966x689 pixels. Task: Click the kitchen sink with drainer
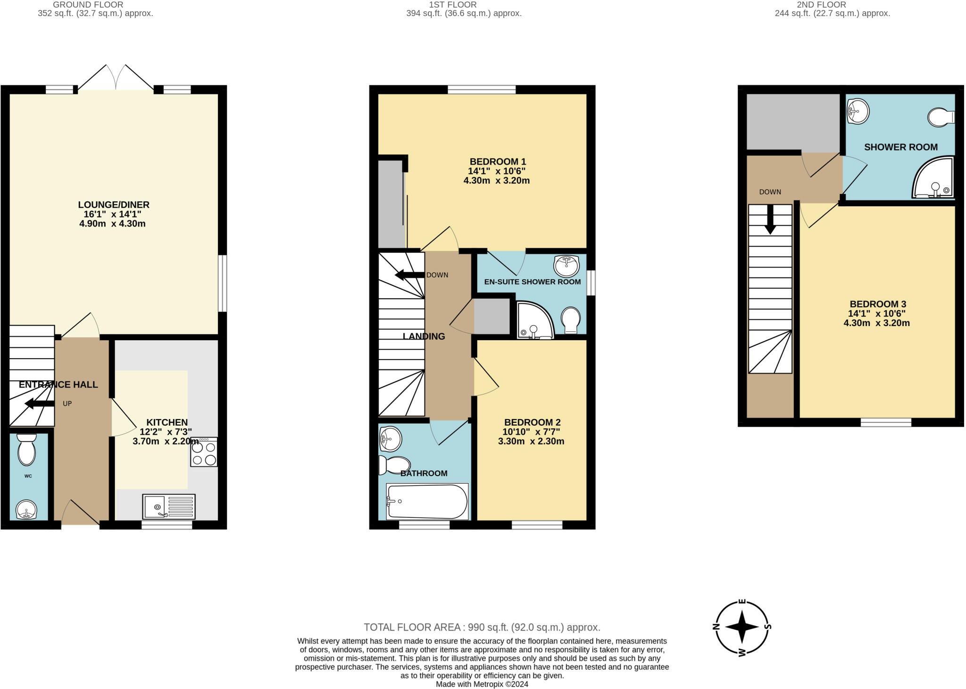tap(169, 506)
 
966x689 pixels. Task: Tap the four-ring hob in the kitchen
tap(204, 452)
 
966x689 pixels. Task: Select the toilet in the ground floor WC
tap(26, 450)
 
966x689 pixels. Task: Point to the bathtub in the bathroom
tap(427, 502)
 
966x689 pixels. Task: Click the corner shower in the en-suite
tap(535, 320)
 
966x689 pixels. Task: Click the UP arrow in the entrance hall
tap(40, 403)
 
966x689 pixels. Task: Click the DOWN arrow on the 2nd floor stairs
tap(770, 219)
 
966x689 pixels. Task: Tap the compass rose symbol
tap(742, 627)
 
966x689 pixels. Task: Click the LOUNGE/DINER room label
tap(114, 205)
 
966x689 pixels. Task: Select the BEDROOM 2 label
tap(532, 422)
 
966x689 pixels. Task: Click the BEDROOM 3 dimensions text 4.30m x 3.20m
tap(876, 323)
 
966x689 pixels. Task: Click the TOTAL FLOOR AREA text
tap(482, 627)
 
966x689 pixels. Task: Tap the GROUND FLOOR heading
tap(88, 5)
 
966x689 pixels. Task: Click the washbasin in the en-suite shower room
tap(566, 266)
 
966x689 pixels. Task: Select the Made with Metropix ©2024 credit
tap(482, 684)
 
